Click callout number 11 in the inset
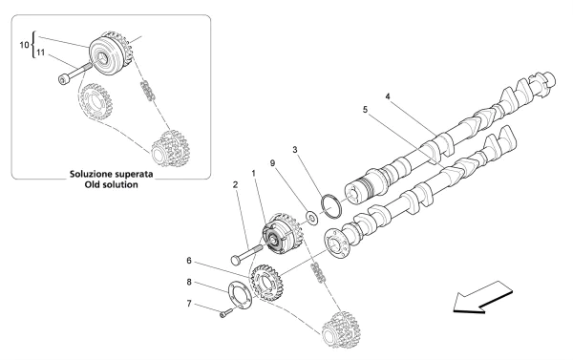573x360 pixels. click(40, 53)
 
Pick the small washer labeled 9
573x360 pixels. click(308, 218)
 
